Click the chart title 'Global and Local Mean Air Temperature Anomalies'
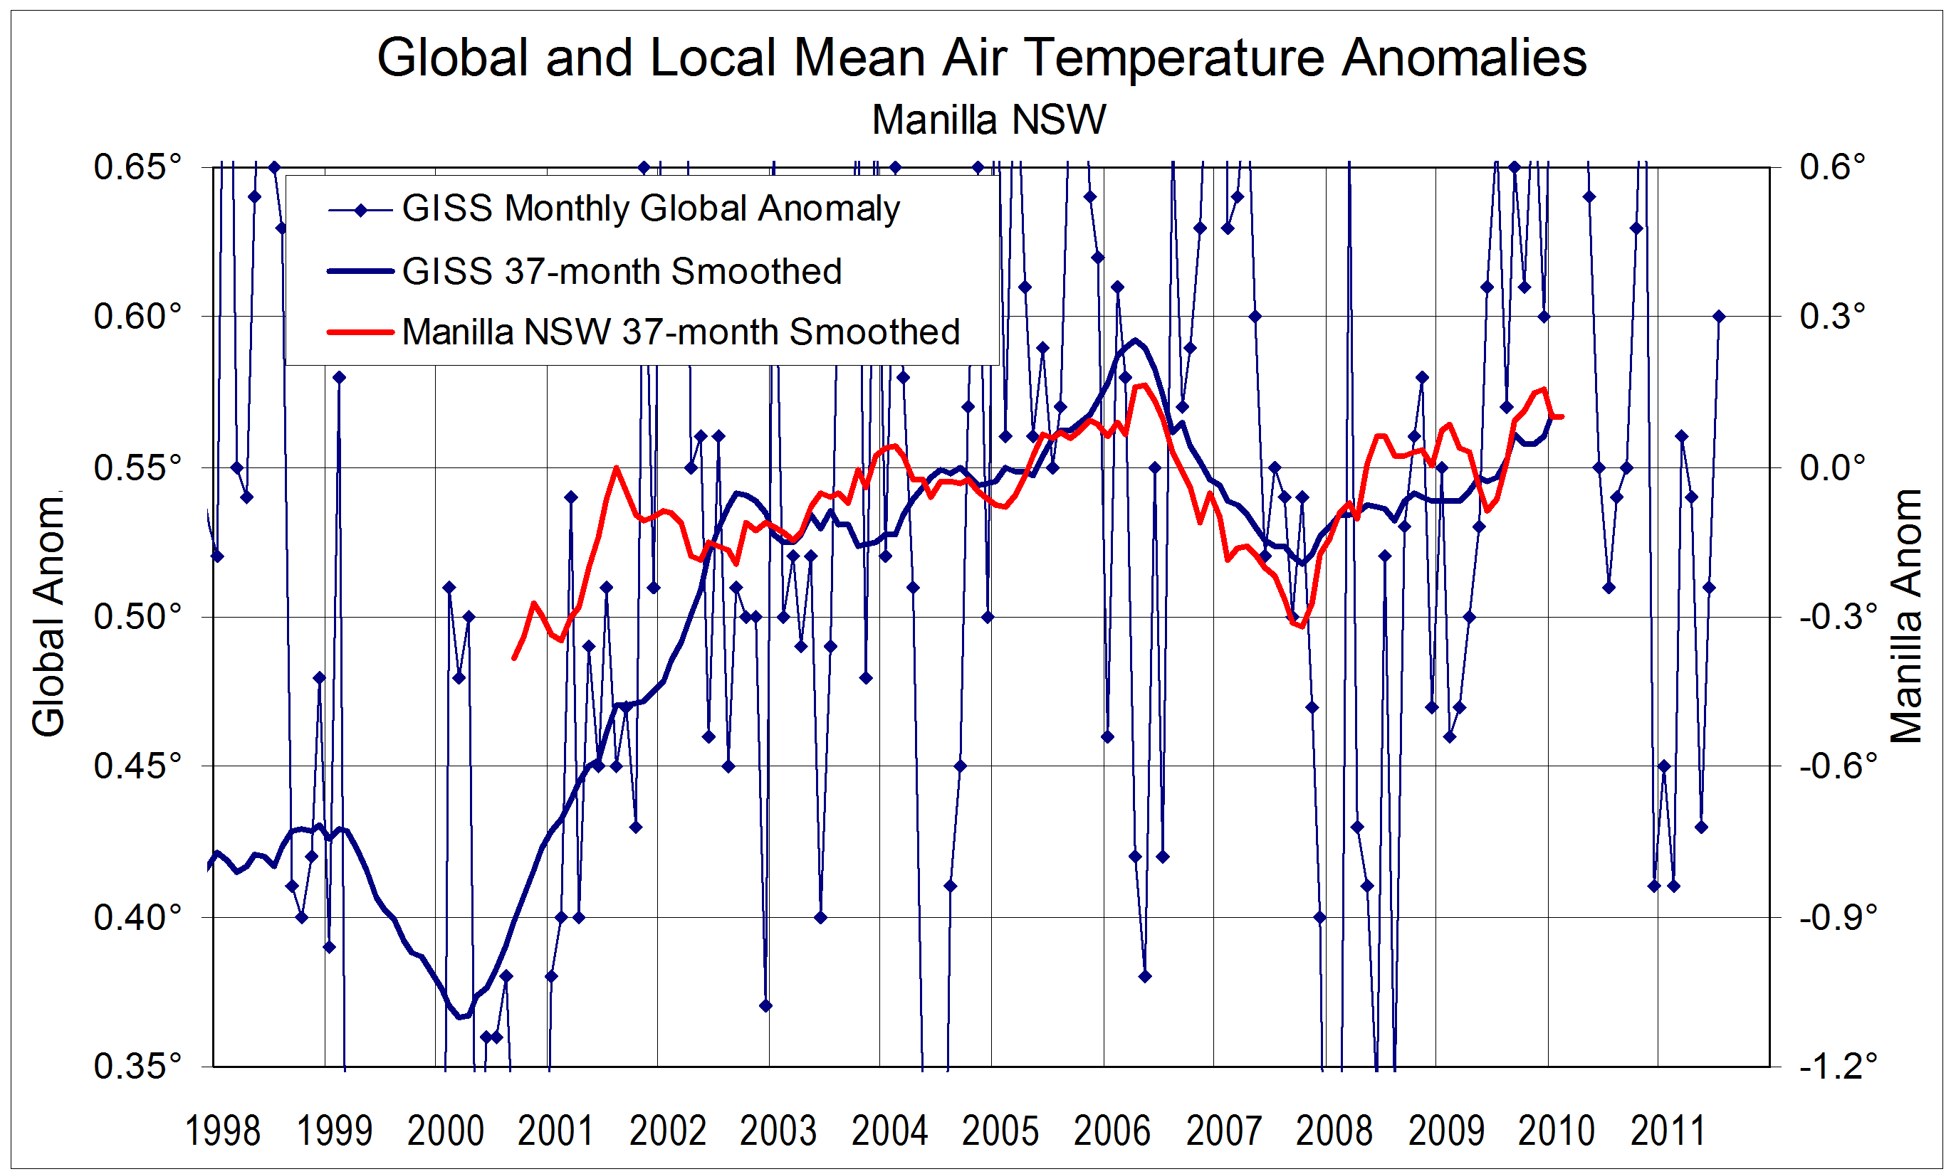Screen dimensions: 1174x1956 (x=982, y=58)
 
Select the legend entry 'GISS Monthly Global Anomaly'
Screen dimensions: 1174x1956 (x=651, y=209)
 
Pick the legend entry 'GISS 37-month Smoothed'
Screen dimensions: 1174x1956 (x=622, y=271)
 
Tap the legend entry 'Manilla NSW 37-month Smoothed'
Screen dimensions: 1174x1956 (x=681, y=332)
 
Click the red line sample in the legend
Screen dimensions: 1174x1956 (x=360, y=332)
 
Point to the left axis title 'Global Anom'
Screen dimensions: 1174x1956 (x=48, y=617)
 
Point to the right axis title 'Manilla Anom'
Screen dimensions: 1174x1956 (x=1906, y=617)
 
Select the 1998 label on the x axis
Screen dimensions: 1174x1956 (x=222, y=1131)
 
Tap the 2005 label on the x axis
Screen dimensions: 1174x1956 (x=1000, y=1131)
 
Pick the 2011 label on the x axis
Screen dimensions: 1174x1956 (x=1667, y=1131)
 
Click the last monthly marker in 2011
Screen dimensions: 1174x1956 (x=1718, y=317)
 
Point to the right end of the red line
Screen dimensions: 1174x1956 (x=1562, y=416)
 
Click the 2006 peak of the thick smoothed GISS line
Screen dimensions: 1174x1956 (x=1136, y=340)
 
